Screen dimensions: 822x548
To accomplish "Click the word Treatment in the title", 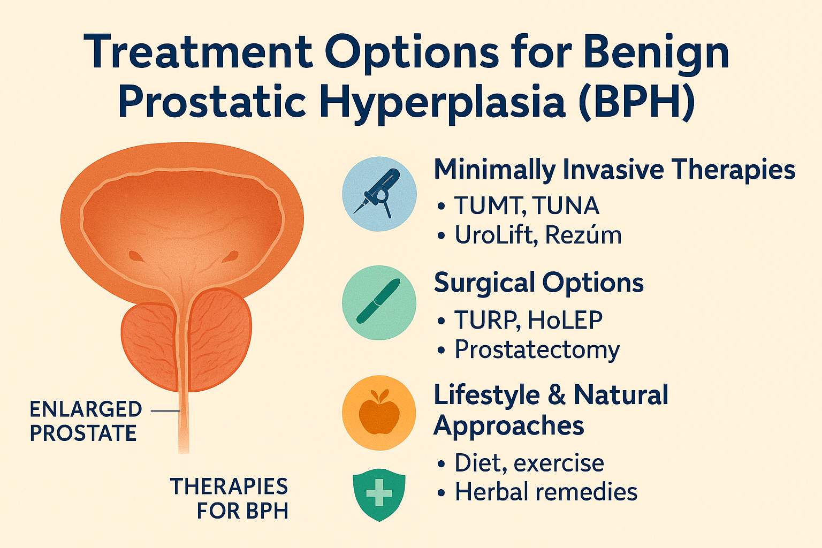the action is pyautogui.click(x=199, y=51).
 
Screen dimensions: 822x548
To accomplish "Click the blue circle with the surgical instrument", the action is pyautogui.click(x=379, y=194).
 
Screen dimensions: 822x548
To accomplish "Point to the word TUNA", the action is pyautogui.click(x=566, y=205).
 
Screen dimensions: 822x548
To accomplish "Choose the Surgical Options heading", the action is pyautogui.click(x=539, y=283).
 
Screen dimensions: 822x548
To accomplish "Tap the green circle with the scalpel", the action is pyautogui.click(x=379, y=302).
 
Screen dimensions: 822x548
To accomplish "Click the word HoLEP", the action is pyautogui.click(x=565, y=319).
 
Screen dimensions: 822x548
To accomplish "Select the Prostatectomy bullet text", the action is pyautogui.click(x=537, y=350).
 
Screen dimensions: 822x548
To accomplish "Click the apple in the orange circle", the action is pyautogui.click(x=379, y=413).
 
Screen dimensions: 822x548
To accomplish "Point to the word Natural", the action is pyautogui.click(x=621, y=395).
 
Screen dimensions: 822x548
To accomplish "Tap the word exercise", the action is pyautogui.click(x=559, y=463).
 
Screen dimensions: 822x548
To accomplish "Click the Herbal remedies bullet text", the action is pyautogui.click(x=546, y=492).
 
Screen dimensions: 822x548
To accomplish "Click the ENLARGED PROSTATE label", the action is pyautogui.click(x=86, y=421).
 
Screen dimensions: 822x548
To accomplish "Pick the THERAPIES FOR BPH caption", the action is pyautogui.click(x=229, y=498).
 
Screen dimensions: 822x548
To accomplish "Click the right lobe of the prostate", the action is pyautogui.click(x=220, y=339).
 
